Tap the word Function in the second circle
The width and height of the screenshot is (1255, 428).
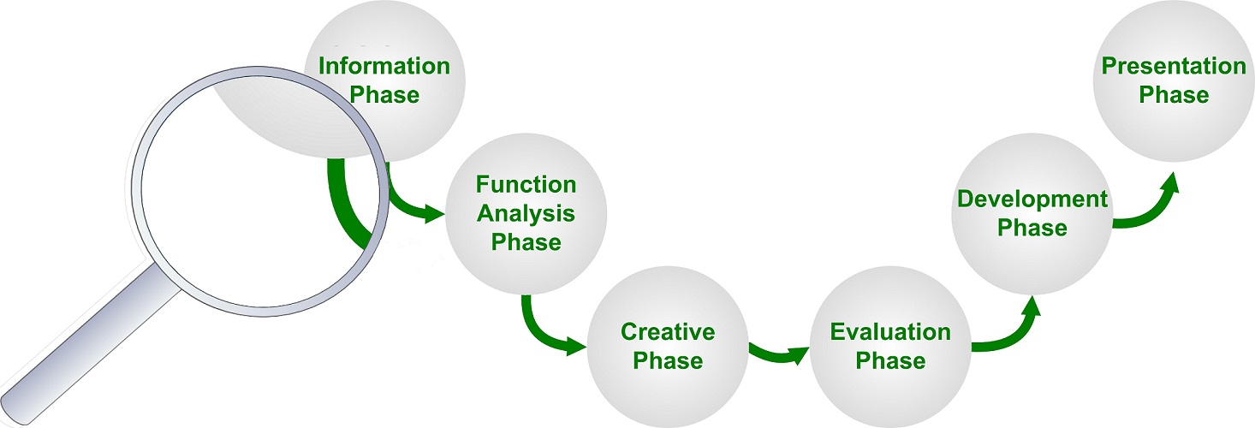pyautogui.click(x=526, y=185)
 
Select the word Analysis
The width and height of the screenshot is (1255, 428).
pyautogui.click(x=526, y=213)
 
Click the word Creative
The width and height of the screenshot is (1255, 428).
pyautogui.click(x=668, y=331)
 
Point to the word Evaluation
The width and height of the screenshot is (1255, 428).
pyautogui.click(x=890, y=331)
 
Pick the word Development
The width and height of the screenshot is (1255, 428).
pyautogui.click(x=1032, y=199)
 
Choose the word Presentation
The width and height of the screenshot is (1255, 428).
pyautogui.click(x=1174, y=67)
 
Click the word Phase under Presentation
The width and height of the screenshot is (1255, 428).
pyautogui.click(x=1174, y=95)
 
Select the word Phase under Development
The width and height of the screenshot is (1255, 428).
pyautogui.click(x=1032, y=228)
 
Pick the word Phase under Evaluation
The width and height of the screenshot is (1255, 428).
pyautogui.click(x=890, y=360)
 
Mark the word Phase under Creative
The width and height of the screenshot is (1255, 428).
pyautogui.click(x=668, y=360)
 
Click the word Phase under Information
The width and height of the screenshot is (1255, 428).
pyautogui.click(x=384, y=94)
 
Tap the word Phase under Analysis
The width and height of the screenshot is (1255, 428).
pyautogui.click(x=526, y=242)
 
